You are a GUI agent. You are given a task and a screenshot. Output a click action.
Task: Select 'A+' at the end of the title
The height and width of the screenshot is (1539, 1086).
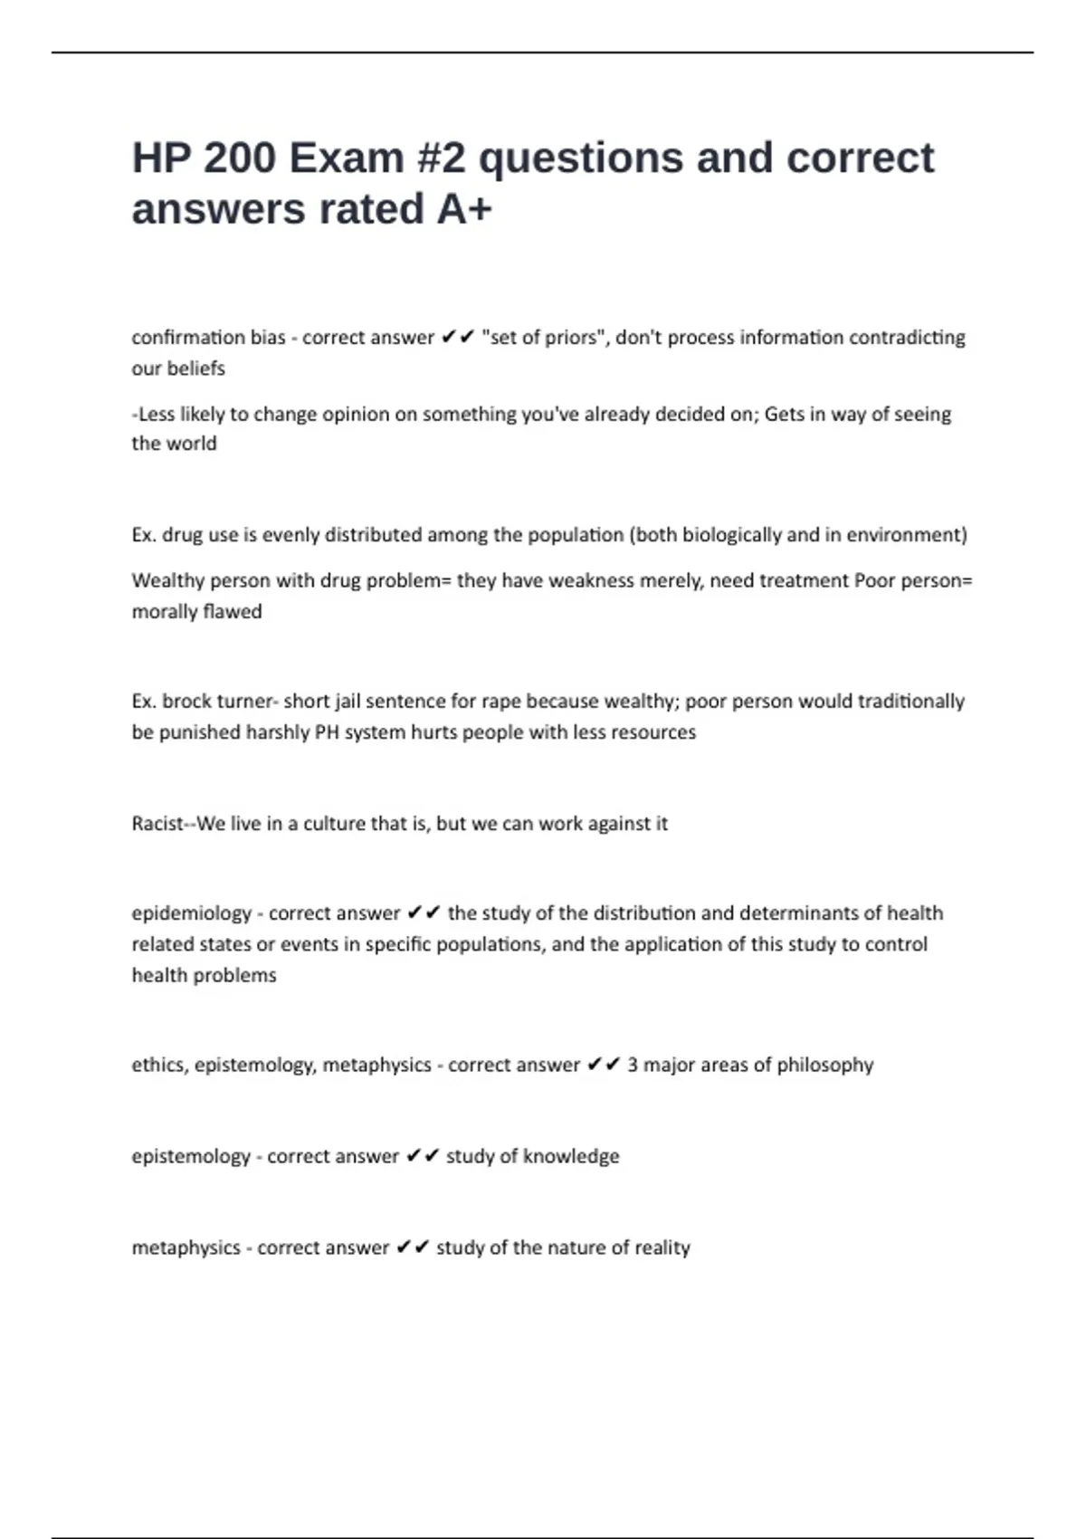click(464, 209)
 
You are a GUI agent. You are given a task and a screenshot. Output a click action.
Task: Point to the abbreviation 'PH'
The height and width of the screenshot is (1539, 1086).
click(326, 732)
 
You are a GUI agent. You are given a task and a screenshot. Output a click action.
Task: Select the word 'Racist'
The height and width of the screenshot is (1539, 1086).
click(157, 824)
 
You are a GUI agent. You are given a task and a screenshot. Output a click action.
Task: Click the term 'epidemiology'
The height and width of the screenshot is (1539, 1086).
click(191, 913)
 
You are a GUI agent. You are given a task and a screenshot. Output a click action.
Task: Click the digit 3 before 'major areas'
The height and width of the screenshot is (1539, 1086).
click(633, 1066)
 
